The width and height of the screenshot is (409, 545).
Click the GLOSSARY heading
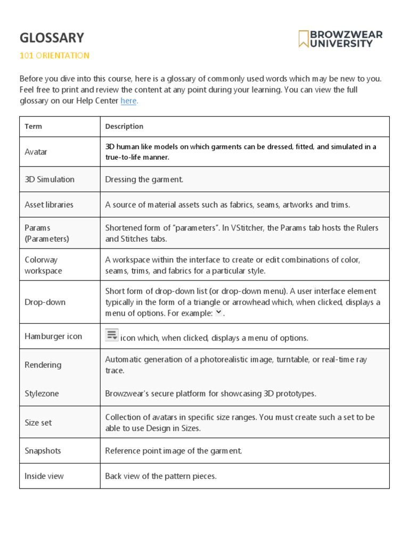point(52,38)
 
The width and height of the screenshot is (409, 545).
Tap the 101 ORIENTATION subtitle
point(54,55)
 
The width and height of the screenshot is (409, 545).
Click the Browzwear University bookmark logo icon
point(304,39)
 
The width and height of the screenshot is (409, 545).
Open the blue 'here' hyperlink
point(128,101)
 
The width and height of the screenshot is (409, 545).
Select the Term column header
point(33,126)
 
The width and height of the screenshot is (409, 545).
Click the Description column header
point(124,126)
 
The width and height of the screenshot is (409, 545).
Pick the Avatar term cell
point(36,152)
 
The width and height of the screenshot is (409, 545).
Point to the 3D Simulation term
point(50,179)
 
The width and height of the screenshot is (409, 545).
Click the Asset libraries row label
point(49,204)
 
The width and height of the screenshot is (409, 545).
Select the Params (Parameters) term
point(47,233)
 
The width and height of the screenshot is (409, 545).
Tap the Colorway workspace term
point(43,265)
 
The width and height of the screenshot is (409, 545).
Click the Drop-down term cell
point(45,302)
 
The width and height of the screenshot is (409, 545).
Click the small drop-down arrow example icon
point(218,312)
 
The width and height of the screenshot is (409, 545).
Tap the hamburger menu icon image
point(112,335)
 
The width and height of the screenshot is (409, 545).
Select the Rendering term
point(43,365)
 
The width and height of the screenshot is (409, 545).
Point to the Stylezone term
point(42,394)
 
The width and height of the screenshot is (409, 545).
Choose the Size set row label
point(38,423)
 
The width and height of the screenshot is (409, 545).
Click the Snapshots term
point(43,451)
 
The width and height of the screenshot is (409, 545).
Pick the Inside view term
point(44,476)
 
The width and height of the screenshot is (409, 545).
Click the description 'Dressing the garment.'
point(144,179)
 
